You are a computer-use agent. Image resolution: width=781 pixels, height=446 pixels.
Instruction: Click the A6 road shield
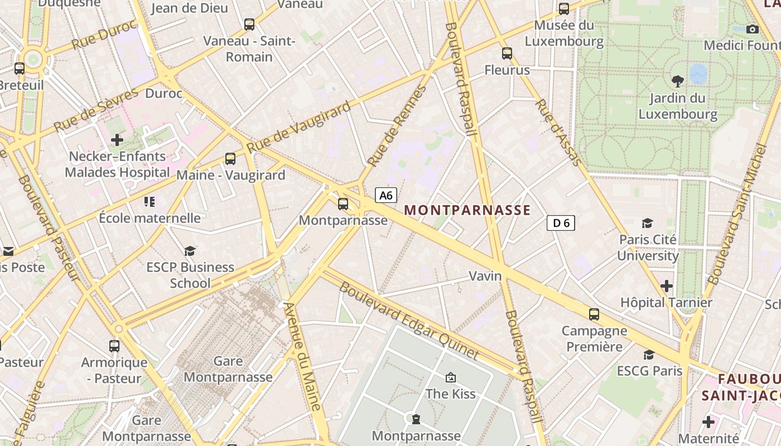click(x=386, y=195)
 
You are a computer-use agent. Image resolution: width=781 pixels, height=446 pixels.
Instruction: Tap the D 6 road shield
click(x=561, y=223)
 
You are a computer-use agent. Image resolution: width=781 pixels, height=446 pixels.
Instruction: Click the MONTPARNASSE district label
click(x=467, y=210)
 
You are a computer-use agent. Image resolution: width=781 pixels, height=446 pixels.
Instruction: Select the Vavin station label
click(x=485, y=276)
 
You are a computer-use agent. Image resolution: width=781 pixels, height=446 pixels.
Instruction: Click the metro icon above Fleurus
click(x=507, y=54)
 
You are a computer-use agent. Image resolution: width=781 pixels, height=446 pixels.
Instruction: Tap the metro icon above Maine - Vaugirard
click(x=230, y=158)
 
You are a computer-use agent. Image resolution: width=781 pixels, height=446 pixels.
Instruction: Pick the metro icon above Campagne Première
click(x=594, y=314)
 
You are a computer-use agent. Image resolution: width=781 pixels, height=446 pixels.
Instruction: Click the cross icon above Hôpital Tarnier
click(x=666, y=286)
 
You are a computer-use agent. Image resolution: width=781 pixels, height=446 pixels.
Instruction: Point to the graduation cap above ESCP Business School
click(x=190, y=251)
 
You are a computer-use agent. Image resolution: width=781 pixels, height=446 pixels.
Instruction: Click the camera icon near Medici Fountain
click(x=753, y=29)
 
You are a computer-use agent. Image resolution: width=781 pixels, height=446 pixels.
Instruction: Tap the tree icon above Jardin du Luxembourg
click(x=678, y=81)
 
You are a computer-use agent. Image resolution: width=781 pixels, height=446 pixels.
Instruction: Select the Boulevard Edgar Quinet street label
click(x=409, y=321)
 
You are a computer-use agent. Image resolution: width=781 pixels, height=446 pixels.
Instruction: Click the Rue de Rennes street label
click(x=397, y=127)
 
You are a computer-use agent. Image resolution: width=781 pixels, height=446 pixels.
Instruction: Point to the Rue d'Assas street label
click(x=558, y=133)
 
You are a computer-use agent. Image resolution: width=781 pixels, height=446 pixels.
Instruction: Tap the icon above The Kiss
click(x=451, y=377)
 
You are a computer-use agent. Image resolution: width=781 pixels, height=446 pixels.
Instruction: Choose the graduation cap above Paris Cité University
click(x=647, y=224)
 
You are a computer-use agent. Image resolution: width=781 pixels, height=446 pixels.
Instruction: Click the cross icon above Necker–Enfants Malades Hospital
click(x=117, y=139)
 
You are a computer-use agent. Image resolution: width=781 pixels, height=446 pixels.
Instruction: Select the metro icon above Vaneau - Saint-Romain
click(x=249, y=25)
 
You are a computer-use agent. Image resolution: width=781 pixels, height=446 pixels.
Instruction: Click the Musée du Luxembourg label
click(x=564, y=33)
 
